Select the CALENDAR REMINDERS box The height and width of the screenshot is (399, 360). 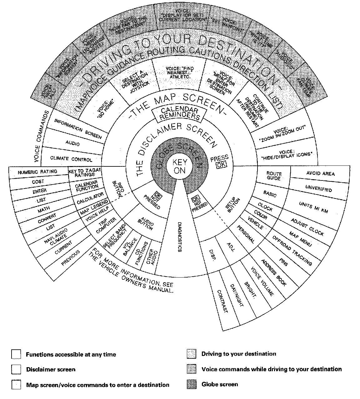[x=179, y=114]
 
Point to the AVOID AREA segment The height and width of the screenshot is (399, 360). [x=320, y=174]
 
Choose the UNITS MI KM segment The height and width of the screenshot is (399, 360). [x=313, y=207]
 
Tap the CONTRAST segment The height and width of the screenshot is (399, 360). [x=222, y=301]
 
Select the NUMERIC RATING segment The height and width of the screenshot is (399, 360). [x=37, y=172]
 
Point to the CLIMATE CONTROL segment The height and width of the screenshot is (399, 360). [x=71, y=159]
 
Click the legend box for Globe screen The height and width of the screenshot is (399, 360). [x=191, y=384]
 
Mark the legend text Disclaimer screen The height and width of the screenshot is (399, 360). [x=51, y=369]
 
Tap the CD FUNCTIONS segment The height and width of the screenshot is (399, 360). [x=138, y=253]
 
